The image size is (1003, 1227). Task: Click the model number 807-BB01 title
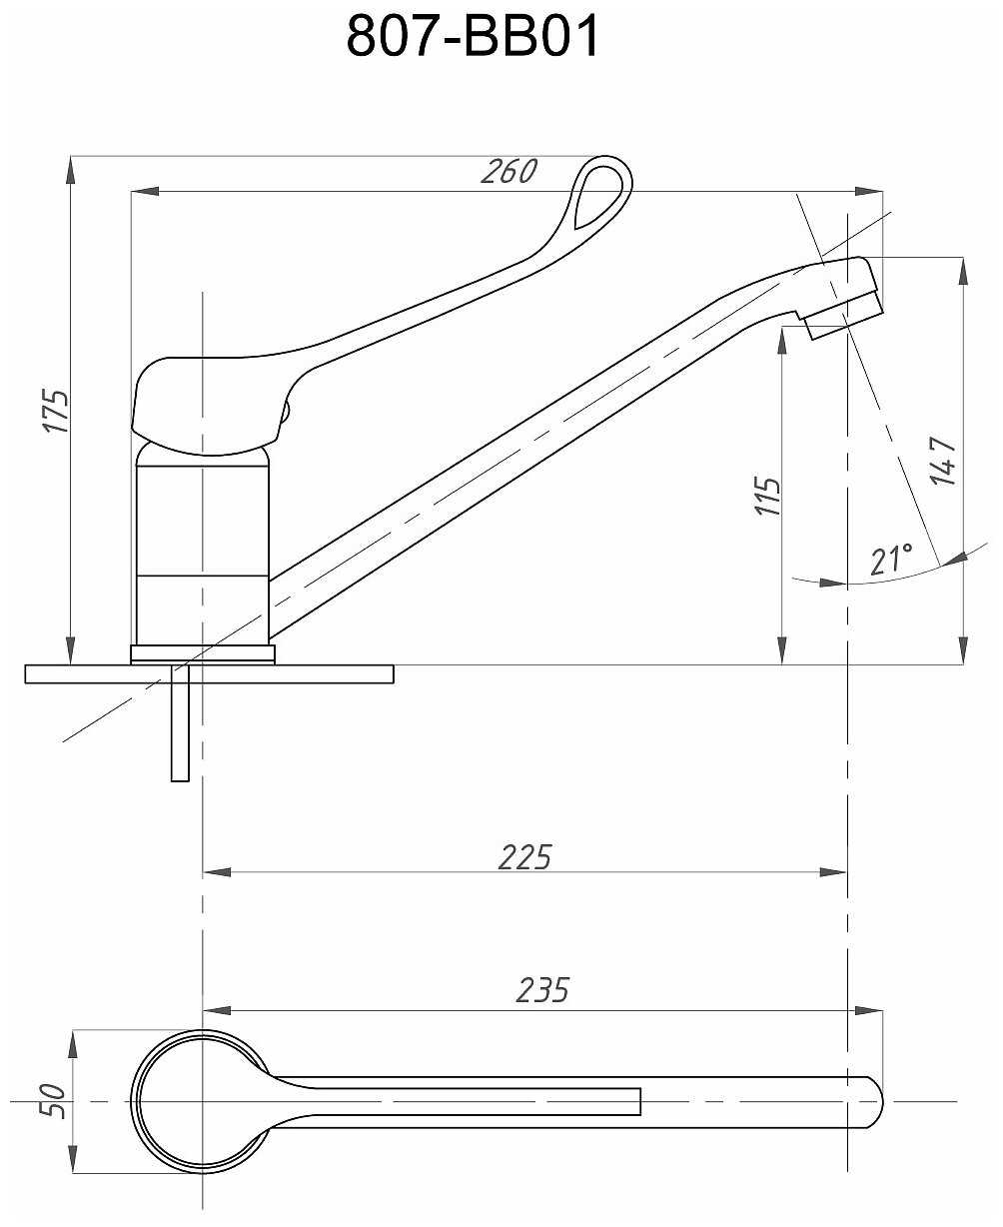click(x=474, y=38)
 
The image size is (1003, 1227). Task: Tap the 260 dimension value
click(x=508, y=172)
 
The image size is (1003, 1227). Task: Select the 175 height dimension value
click(x=57, y=410)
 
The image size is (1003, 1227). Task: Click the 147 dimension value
click(x=945, y=461)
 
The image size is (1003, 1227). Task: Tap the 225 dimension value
click(x=524, y=856)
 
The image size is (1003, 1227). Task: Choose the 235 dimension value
click(x=542, y=989)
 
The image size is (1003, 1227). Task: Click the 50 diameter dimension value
click(x=57, y=1101)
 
